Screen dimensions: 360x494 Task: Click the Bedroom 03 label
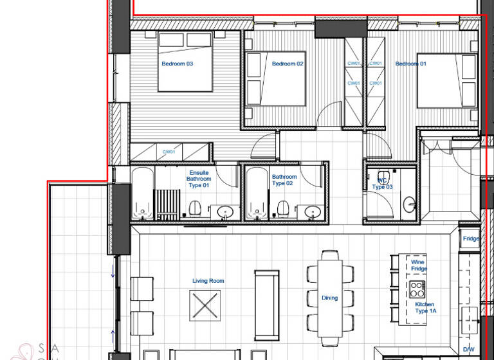[x=177, y=64]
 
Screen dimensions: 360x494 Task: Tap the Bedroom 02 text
[x=287, y=64]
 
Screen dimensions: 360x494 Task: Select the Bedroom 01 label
[x=410, y=64]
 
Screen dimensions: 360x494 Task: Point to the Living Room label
[x=208, y=281]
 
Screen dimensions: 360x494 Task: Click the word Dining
[x=329, y=298]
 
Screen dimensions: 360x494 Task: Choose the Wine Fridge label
[x=419, y=265]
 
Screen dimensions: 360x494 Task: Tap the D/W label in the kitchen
[x=469, y=350]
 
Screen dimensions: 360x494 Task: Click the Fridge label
[x=471, y=239]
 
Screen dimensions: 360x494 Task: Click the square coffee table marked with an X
[x=205, y=305]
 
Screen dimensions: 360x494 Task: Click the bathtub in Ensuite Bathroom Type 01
[x=142, y=193]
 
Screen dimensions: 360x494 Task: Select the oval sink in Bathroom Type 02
[x=313, y=212]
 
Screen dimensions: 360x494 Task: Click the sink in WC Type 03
[x=409, y=205]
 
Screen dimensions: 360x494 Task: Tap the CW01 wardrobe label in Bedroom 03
[x=169, y=152]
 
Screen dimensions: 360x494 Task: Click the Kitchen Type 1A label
[x=425, y=307]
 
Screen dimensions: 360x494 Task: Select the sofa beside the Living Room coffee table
[x=267, y=305]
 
